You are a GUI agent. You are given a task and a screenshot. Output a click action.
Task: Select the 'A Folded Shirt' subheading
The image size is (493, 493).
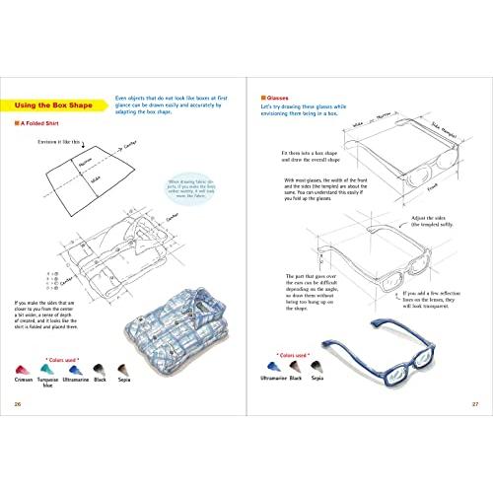click(50, 125)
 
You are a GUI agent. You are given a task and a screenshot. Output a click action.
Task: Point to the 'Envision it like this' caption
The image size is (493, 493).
click(55, 144)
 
